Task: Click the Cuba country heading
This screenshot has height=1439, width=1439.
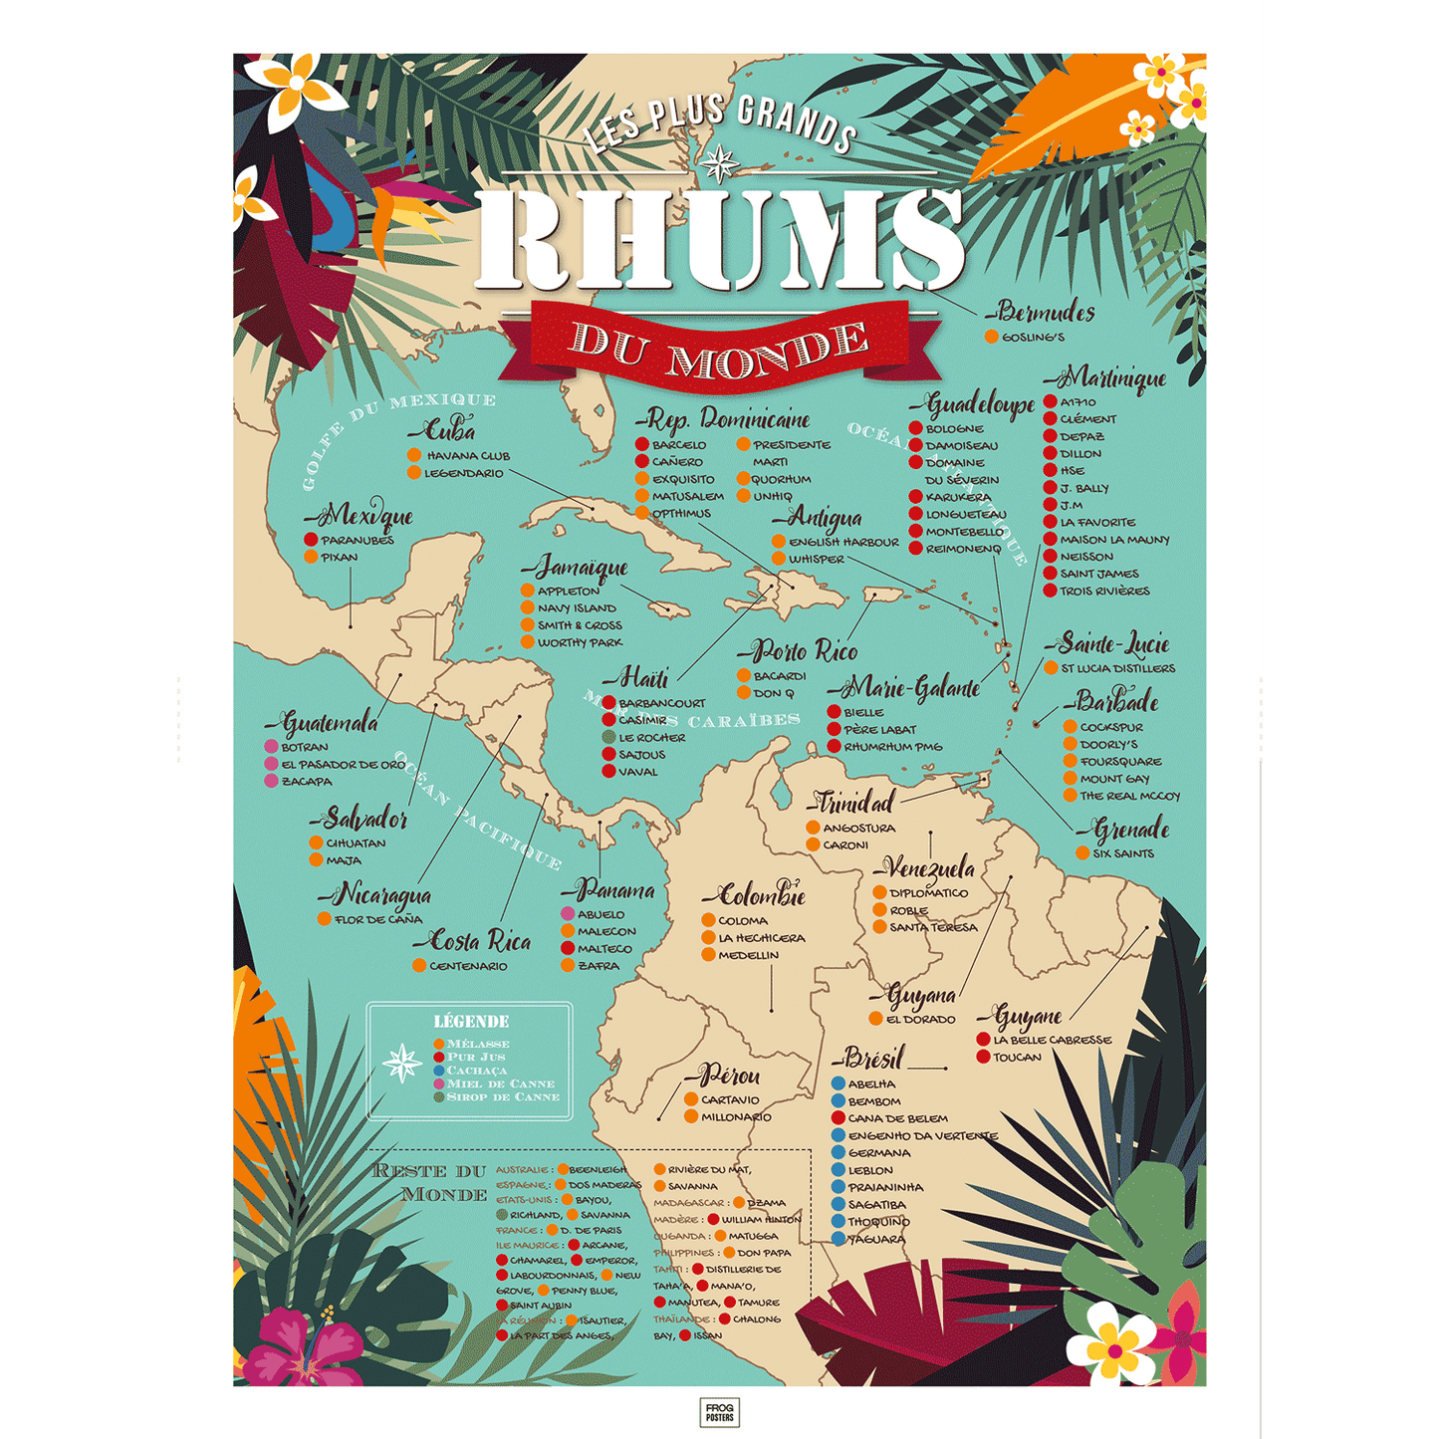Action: pyautogui.click(x=444, y=431)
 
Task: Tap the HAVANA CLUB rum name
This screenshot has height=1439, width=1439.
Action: pyautogui.click(x=468, y=456)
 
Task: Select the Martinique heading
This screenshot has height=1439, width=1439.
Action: pyautogui.click(x=1106, y=378)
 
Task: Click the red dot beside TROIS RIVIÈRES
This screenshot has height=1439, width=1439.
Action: pyautogui.click(x=1050, y=591)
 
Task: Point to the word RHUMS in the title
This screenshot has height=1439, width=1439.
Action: pyautogui.click(x=719, y=239)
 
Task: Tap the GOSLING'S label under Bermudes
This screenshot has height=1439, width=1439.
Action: pyautogui.click(x=1033, y=338)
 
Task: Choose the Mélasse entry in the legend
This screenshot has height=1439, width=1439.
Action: pyautogui.click(x=477, y=1044)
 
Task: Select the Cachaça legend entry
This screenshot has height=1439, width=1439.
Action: pyautogui.click(x=476, y=1071)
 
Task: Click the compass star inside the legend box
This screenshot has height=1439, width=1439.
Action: pyautogui.click(x=402, y=1064)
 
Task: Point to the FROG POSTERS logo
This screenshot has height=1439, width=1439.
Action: pyautogui.click(x=719, y=1412)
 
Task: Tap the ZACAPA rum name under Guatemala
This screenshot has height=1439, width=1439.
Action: pyautogui.click(x=307, y=782)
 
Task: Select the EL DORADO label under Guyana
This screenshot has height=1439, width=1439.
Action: pyautogui.click(x=920, y=1020)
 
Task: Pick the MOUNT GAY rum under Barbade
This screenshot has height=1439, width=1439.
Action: pyautogui.click(x=1114, y=779)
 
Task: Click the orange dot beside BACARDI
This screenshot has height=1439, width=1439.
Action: pyautogui.click(x=743, y=676)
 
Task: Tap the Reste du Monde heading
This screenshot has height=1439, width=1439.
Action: pyautogui.click(x=430, y=1182)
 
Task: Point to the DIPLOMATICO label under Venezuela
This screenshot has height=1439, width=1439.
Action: pyautogui.click(x=928, y=893)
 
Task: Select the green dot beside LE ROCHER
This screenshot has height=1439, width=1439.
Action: pyautogui.click(x=608, y=738)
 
